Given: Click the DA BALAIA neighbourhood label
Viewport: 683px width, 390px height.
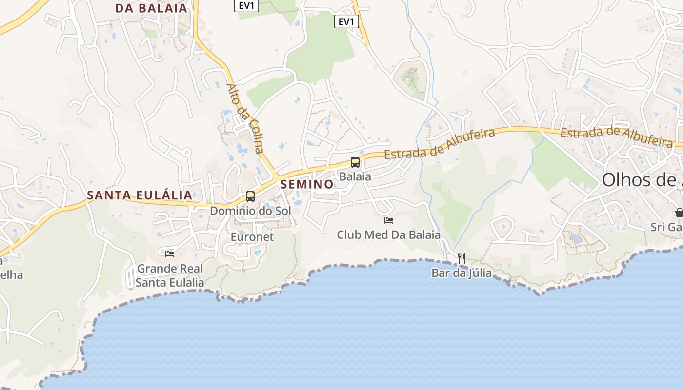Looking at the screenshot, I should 151,8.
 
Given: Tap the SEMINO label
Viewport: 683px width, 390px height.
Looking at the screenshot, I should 307,184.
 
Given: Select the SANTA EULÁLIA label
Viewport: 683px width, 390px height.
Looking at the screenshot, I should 140,195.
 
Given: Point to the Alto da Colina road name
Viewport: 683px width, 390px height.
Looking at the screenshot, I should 245,118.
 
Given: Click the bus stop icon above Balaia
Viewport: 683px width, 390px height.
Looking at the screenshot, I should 355,162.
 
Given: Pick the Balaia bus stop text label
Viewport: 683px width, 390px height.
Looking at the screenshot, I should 355,176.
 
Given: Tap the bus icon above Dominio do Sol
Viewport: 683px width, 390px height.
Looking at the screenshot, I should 250,196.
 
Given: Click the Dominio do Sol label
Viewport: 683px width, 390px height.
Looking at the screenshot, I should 250,211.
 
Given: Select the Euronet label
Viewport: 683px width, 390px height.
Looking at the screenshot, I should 252,237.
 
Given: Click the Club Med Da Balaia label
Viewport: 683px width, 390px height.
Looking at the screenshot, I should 389,235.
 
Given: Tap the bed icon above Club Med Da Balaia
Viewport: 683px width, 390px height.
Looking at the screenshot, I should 389,220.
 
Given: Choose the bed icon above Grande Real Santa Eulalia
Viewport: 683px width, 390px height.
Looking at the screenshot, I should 170,253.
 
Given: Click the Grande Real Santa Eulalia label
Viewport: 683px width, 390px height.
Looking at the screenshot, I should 170,275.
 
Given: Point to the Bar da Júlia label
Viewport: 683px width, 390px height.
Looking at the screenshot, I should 462,273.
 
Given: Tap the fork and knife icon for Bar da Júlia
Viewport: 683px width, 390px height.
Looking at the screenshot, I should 462,258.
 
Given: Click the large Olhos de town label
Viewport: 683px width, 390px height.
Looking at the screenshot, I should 642,180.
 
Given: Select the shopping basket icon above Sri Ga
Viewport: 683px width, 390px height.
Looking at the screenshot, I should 679,213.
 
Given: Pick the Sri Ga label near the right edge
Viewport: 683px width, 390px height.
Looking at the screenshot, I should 666,227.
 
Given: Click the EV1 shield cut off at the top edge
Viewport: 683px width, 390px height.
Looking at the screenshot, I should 246,5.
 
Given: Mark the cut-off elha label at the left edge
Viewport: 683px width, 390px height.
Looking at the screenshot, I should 12,275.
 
